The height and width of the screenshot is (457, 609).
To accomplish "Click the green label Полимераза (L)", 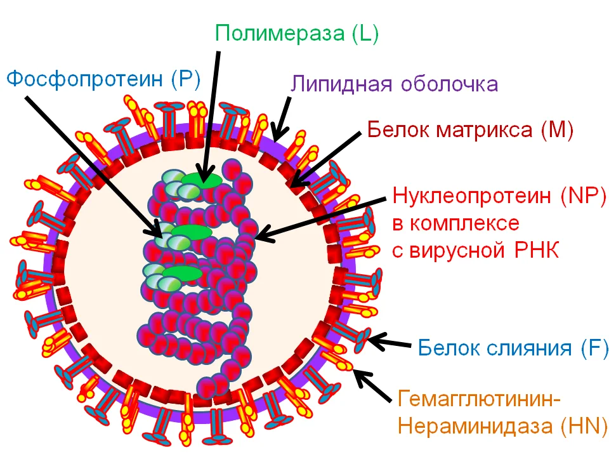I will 297,32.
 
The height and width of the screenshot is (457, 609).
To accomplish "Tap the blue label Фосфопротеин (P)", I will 103,79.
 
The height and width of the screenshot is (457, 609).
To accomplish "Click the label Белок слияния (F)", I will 513,347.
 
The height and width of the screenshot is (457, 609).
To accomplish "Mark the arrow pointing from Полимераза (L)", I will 212,114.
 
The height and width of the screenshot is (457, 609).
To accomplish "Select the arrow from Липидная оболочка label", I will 283,117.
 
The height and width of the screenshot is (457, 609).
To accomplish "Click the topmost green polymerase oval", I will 202,180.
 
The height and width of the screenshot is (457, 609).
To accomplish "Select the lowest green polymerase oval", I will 181,274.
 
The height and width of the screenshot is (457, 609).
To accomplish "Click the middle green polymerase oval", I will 191,232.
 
